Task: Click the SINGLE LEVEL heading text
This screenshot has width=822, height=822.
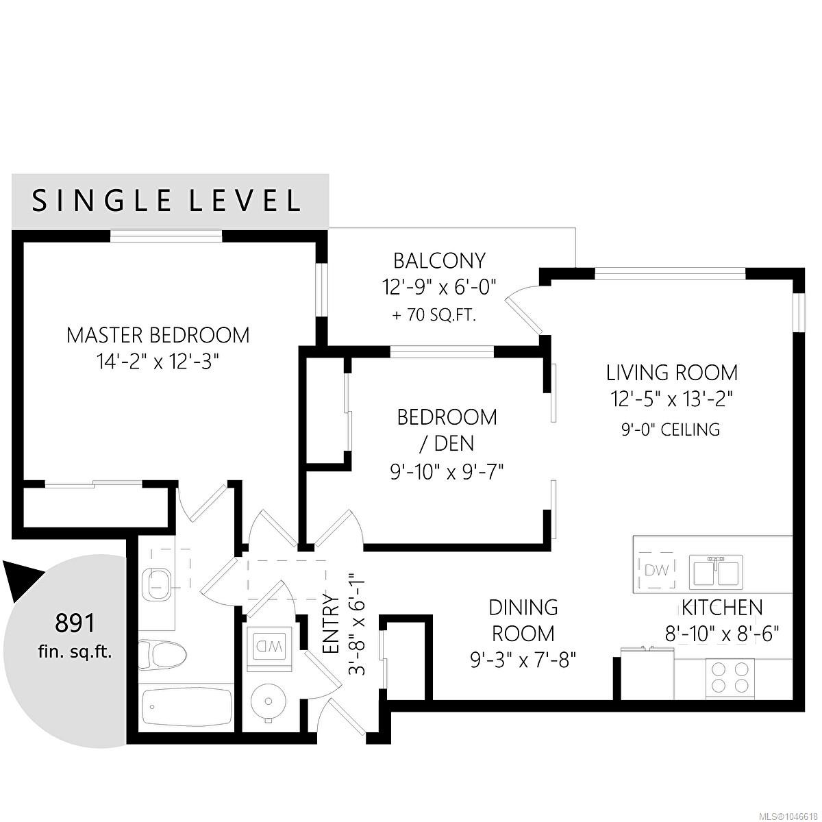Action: (166, 201)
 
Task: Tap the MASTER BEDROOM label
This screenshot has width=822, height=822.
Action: (158, 335)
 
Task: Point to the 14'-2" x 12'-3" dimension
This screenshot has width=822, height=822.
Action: (158, 362)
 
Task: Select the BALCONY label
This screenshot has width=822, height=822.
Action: (439, 261)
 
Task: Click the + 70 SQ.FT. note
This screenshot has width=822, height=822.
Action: (434, 316)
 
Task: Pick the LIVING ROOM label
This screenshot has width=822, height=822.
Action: (672, 373)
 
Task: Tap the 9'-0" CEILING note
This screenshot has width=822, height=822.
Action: (671, 429)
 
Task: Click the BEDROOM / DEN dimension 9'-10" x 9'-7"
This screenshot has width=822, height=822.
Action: (447, 472)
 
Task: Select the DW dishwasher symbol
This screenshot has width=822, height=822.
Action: (657, 570)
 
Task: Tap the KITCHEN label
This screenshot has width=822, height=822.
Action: (722, 608)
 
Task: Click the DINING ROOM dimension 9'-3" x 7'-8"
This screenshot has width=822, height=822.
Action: (523, 661)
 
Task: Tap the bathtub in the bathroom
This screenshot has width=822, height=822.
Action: (186, 707)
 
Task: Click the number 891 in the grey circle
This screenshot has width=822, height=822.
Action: (75, 623)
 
